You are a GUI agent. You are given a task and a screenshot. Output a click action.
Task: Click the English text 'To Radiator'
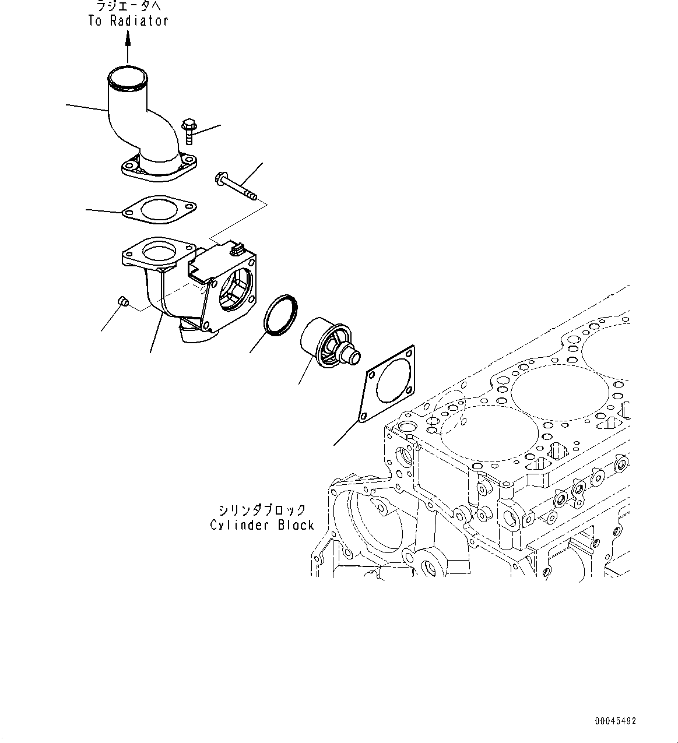[x=128, y=21]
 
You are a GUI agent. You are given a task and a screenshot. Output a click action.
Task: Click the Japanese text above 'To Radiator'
[x=128, y=6]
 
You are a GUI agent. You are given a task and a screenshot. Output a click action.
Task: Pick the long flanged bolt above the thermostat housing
[x=236, y=185]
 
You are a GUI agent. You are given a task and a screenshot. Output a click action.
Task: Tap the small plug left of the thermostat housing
[x=122, y=301]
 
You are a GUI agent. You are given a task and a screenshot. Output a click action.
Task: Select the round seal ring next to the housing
[x=280, y=315]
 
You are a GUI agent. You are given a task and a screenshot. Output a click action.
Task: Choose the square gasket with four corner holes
[x=388, y=385]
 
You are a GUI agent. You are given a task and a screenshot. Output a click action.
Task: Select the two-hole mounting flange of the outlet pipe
[x=158, y=168]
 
